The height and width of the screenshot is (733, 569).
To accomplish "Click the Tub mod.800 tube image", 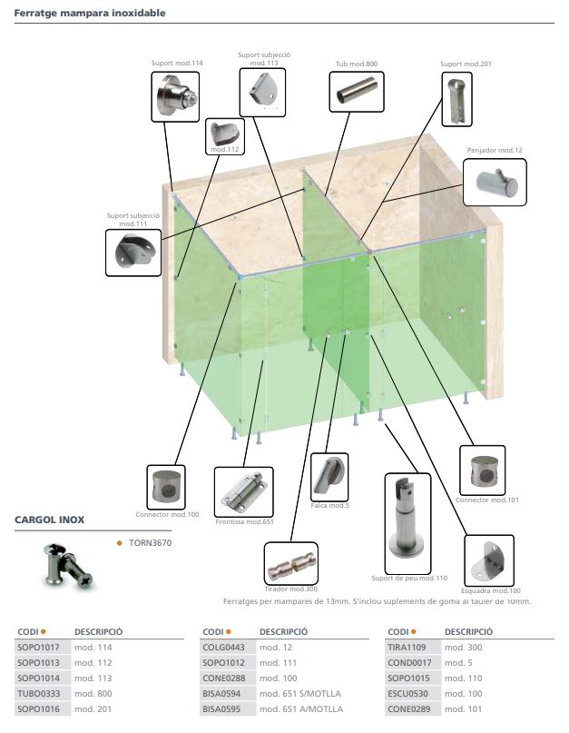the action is coord(357,92).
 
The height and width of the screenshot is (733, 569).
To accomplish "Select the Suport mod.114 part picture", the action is coord(175,97).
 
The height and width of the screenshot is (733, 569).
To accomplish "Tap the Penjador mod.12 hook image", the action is coord(495,182).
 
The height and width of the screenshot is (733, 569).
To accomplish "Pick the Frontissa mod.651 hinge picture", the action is coord(243,491).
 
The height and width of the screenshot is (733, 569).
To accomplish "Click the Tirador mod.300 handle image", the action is coord(291,564).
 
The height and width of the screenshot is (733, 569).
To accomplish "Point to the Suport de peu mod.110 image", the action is coord(407,523).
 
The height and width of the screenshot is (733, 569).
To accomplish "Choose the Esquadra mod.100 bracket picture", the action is coord(488,560).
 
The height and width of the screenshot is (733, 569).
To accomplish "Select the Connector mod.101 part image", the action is coord(482,471).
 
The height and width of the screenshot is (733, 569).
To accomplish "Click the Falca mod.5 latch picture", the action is coord(329,477).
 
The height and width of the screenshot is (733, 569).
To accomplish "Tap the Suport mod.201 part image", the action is coord(456,99).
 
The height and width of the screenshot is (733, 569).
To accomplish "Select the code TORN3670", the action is coord(150,543).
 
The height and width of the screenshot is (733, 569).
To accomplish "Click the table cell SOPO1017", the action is coord(38,648).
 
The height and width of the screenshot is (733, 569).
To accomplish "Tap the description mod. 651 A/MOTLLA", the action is coord(301,709).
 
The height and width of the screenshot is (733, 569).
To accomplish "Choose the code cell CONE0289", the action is coord(408,709).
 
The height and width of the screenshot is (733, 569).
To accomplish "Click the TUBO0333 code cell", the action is coord(38,694).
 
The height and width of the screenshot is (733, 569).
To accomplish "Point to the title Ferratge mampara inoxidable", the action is coord(90,13).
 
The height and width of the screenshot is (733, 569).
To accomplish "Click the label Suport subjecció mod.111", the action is coord(133,220).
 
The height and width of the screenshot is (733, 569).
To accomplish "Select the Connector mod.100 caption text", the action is coord(167,514).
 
